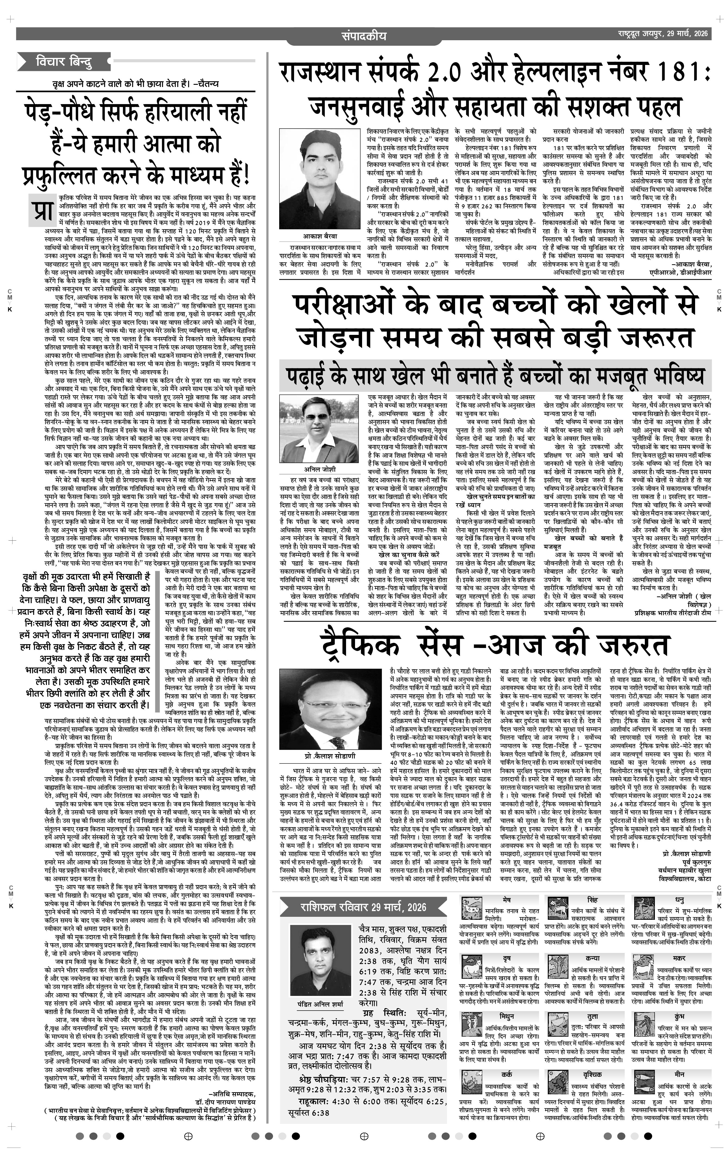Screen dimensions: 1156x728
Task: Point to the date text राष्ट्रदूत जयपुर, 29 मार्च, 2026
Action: pos(663,34)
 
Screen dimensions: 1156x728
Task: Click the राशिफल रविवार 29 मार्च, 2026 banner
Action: pos(363,907)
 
